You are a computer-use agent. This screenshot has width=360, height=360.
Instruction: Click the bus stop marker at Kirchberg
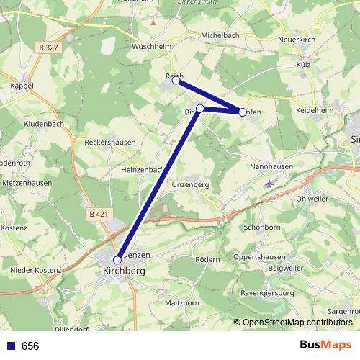click(117, 260)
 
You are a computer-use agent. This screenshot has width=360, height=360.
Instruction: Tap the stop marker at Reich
click(176, 81)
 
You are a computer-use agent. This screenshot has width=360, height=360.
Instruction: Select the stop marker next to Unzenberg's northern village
click(200, 109)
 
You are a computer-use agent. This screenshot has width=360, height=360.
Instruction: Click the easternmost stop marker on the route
click(243, 112)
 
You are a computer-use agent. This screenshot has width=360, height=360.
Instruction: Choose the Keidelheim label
click(315, 111)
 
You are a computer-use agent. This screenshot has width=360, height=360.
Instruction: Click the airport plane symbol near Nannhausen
click(269, 184)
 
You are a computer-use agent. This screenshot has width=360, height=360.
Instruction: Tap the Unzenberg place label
click(190, 185)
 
